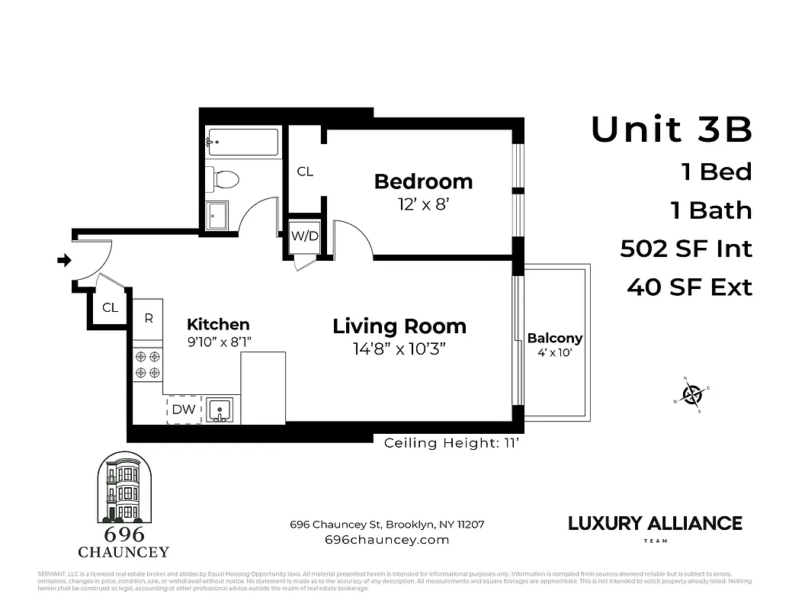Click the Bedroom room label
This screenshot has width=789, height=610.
(x=423, y=181)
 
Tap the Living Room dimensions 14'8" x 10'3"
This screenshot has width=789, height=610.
(x=399, y=349)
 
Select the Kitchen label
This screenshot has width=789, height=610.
(x=218, y=324)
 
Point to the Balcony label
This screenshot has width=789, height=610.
(x=555, y=338)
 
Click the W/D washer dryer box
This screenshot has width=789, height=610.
(x=305, y=236)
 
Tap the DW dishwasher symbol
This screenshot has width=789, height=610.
(x=184, y=409)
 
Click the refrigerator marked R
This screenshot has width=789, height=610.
(x=149, y=319)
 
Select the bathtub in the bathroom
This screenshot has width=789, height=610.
(x=243, y=143)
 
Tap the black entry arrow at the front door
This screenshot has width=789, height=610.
(x=63, y=261)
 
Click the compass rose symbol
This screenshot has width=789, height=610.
(x=692, y=394)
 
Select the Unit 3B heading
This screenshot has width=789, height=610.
(x=672, y=130)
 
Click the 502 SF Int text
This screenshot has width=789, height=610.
(x=686, y=249)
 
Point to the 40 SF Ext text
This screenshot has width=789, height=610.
(x=689, y=287)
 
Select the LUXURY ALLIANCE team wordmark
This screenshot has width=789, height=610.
(x=655, y=524)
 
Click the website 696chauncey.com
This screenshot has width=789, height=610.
(x=386, y=540)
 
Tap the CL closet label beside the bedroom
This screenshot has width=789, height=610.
(x=305, y=172)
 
